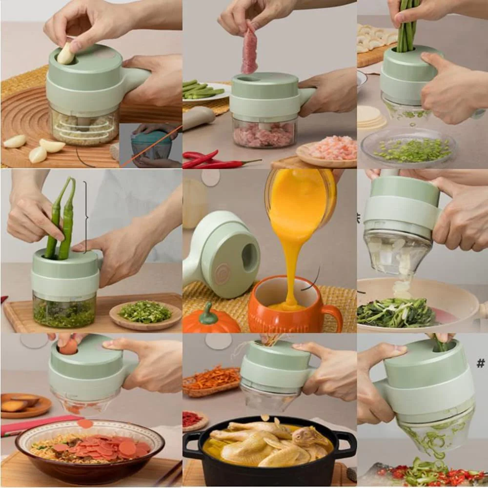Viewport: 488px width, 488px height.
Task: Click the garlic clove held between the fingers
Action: click(x=65, y=54)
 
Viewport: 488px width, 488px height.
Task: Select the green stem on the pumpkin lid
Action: click(x=208, y=314)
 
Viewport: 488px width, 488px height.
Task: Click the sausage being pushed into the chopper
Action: click(x=69, y=346)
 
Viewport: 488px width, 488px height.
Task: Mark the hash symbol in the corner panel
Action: click(x=481, y=363)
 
